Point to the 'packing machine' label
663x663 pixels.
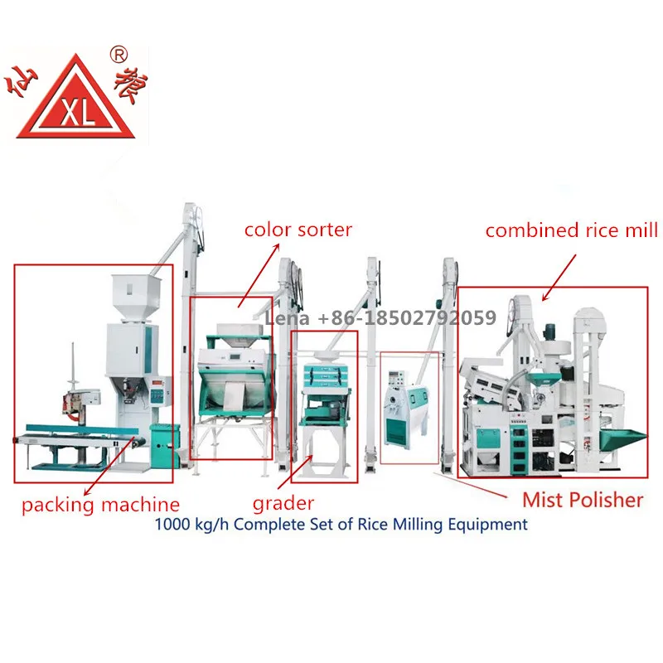99,503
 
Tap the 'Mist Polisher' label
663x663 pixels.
582,499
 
